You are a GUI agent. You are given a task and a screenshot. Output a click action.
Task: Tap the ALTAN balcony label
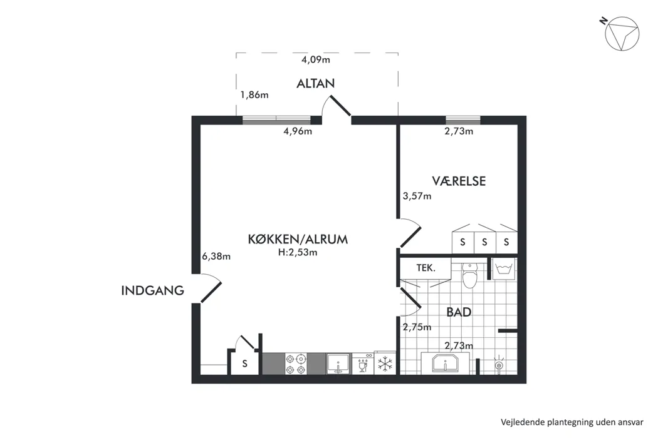pos(316,83)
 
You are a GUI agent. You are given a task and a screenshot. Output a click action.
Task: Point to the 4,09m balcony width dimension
pos(315,60)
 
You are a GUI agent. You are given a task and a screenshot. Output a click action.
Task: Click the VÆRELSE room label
pos(459,181)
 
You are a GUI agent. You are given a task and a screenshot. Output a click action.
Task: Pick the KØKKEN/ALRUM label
pos(298,239)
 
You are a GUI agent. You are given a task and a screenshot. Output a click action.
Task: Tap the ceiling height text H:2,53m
pos(298,253)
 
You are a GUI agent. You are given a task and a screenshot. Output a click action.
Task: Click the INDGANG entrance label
pos(153,290)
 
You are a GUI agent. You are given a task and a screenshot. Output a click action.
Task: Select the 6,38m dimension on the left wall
pos(216,256)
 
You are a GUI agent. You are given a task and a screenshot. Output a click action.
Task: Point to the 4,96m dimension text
pos(298,131)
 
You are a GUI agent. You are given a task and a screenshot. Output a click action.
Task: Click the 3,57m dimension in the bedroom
pos(417,196)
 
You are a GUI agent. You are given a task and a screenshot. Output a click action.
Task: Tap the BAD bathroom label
pos(459,312)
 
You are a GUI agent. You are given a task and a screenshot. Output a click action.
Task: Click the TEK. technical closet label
pos(426,268)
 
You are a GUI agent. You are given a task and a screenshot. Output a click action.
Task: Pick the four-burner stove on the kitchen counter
pos(295,364)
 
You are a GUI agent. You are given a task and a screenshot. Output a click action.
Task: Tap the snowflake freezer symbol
pos(384,364)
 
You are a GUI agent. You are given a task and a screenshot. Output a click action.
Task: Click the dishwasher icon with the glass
pos(363,364)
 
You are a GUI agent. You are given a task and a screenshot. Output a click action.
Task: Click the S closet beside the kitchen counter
pos(245,364)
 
